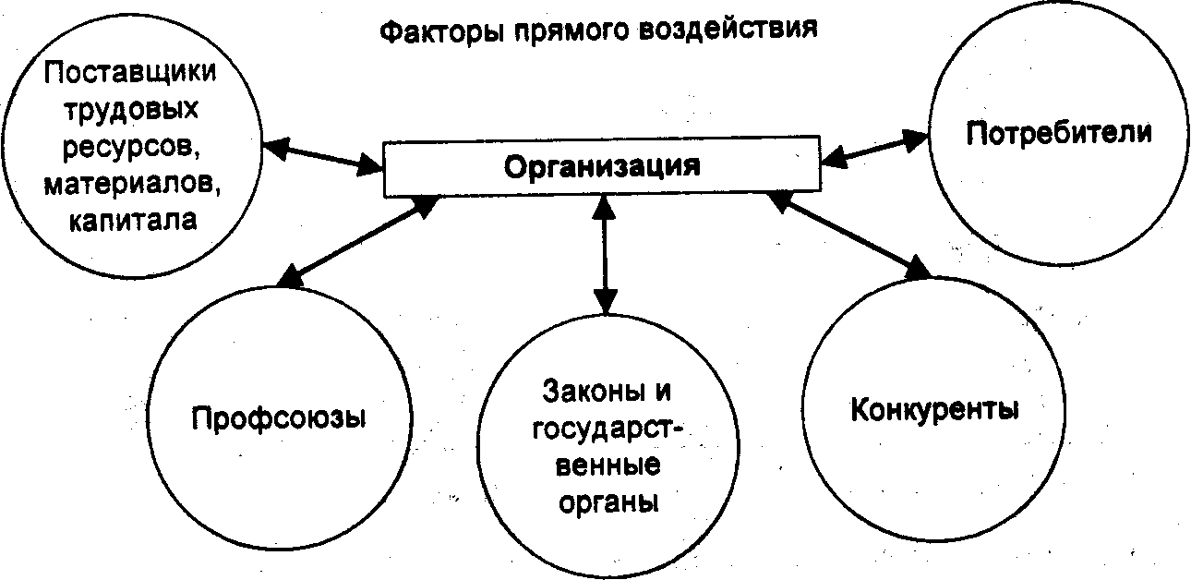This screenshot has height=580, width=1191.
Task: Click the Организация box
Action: [601, 168]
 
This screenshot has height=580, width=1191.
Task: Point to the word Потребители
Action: [1059, 133]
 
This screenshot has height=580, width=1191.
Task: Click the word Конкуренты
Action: [934, 408]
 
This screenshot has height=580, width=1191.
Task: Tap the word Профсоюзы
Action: [280, 417]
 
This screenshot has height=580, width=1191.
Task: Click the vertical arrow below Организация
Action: [604, 254]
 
